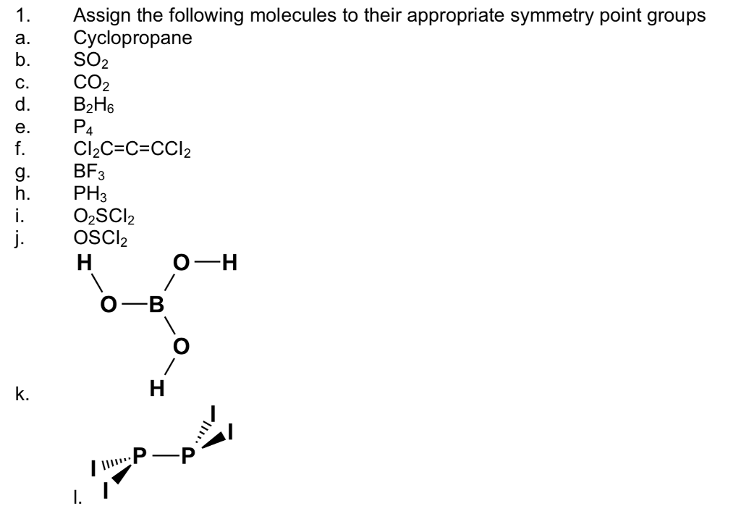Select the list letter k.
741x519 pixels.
[x=20, y=396]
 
